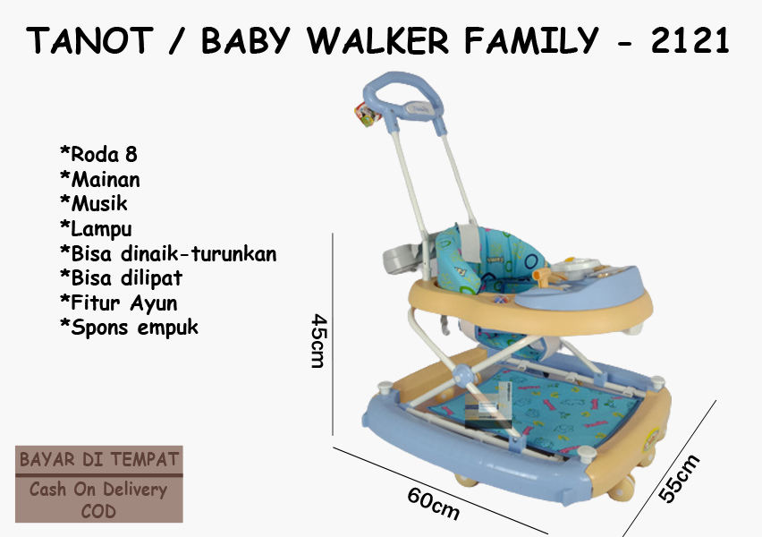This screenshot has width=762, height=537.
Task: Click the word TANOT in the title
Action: coord(90,40)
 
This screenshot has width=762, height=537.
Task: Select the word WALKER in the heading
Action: coord(377,40)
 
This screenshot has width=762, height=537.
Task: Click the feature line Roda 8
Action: coord(98,154)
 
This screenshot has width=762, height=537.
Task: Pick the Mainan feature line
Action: coord(100,179)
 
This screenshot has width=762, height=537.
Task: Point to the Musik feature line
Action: coord(94,203)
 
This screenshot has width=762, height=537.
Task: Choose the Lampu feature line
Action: coord(96,228)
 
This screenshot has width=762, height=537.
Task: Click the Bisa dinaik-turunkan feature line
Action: coord(168,253)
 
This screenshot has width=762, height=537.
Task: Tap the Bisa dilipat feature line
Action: coord(121,277)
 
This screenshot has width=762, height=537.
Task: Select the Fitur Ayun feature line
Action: coord(119,303)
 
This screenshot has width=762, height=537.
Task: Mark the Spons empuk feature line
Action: coord(129,328)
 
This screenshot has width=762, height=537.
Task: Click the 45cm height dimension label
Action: coord(319,340)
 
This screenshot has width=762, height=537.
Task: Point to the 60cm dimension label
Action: coord(433,503)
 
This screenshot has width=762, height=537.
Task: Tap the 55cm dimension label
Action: coord(680,478)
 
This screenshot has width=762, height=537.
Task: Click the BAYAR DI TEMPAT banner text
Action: coord(99,459)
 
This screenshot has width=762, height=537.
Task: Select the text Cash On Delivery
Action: coord(98,489)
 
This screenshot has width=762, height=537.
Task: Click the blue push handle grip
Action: coord(402,97)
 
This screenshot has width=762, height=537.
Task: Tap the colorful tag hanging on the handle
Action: coord(367,115)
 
